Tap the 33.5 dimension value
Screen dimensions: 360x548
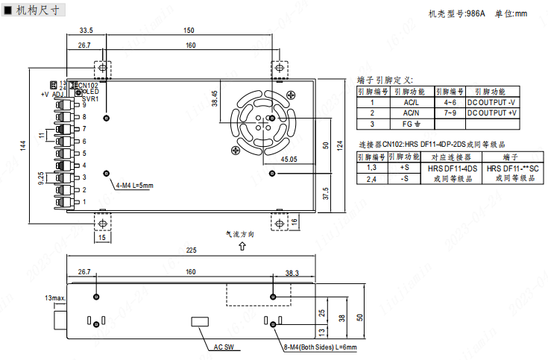click(86, 31)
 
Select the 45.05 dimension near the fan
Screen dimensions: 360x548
click(289, 159)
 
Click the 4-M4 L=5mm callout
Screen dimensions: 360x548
click(134, 185)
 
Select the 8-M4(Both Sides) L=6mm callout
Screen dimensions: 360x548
click(320, 347)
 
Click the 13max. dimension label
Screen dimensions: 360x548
click(55, 298)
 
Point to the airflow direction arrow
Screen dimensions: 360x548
click(242, 246)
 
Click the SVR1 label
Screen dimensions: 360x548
click(89, 98)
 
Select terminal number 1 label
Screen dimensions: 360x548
click(84, 202)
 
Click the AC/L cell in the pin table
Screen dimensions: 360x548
click(412, 102)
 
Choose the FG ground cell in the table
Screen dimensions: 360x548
click(412, 124)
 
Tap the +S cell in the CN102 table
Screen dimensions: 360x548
click(404, 168)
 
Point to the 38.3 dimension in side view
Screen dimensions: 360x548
click(292, 274)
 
